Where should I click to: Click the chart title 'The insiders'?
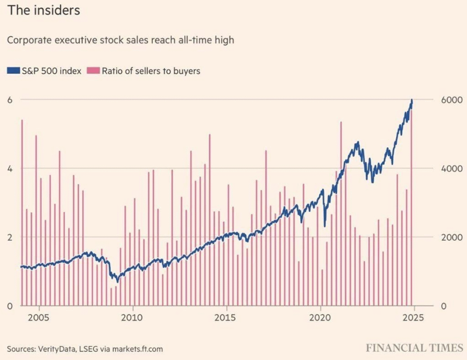pos(43,10)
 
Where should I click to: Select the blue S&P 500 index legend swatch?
pos(14,71)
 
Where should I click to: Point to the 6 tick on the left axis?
pos(10,99)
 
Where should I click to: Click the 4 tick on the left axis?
pos(10,168)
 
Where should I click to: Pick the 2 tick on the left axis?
pos(10,237)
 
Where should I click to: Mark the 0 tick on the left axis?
pos(10,306)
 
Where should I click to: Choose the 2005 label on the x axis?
pos(39,317)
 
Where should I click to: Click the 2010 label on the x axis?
pos(133,317)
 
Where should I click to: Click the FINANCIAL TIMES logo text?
pos(414,348)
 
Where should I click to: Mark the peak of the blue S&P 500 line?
pos(412,99)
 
